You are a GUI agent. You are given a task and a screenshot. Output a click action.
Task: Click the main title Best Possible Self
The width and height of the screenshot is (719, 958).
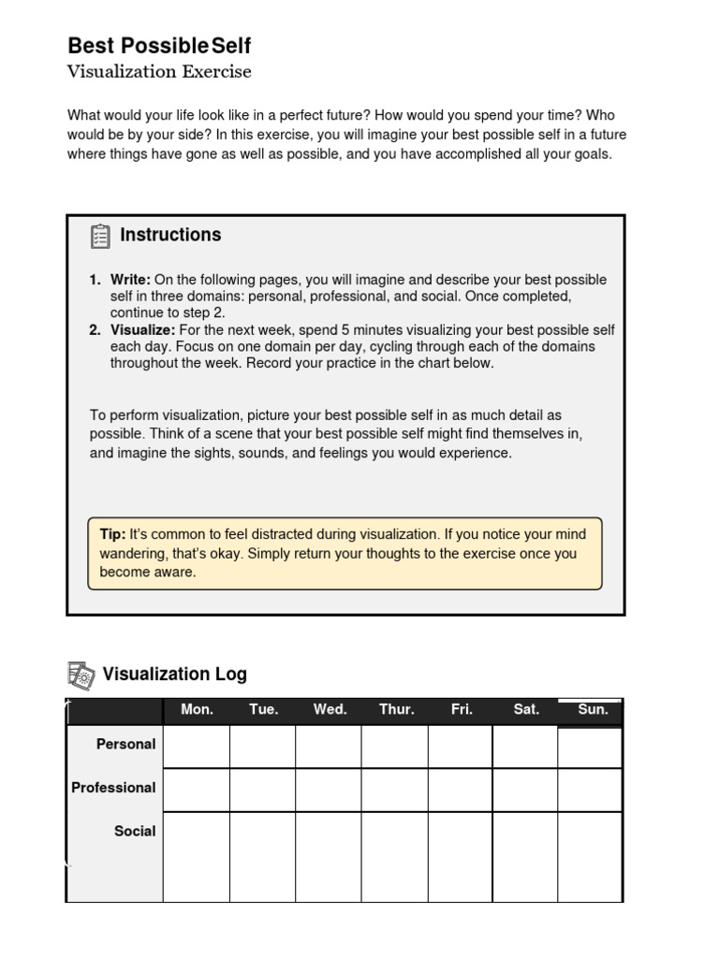coord(159,46)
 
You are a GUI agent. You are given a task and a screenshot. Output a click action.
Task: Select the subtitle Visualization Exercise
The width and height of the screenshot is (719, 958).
coord(159,72)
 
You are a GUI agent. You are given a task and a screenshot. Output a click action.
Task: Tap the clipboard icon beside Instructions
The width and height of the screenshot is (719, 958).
coord(100,236)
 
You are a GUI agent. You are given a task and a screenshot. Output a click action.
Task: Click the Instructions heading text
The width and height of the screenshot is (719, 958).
coord(170,235)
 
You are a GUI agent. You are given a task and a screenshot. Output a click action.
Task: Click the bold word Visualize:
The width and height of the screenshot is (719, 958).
coord(142,330)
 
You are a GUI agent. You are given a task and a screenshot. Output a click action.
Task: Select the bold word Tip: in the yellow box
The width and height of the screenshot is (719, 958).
coord(112,534)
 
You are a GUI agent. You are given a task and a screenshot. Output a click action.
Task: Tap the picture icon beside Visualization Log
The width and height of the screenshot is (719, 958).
coord(81,674)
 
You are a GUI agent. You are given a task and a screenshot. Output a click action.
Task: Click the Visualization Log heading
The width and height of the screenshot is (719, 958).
coord(175,674)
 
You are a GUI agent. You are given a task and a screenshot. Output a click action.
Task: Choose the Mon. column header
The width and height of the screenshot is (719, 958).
coord(197,710)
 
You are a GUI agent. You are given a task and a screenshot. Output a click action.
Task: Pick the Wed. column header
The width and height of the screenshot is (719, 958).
coord(330,710)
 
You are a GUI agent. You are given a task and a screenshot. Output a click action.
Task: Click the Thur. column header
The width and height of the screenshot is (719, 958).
coord(396,710)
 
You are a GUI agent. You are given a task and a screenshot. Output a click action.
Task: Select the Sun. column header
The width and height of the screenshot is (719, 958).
coord(593,710)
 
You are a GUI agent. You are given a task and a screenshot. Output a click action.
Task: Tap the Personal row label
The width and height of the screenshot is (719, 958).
coord(126,745)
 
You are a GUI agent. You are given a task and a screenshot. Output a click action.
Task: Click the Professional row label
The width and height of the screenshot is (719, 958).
coord(114,788)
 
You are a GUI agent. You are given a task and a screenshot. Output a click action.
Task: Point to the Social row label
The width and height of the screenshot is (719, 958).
coord(135,831)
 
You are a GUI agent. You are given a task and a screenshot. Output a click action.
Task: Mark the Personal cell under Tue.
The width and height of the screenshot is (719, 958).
coord(263,747)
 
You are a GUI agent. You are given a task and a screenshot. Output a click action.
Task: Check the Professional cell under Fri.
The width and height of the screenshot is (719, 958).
coord(461,790)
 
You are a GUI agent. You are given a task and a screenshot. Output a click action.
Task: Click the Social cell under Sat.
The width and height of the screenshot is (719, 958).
coord(525,856)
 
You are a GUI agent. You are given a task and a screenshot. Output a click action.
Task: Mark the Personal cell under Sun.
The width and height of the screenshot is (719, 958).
coord(590,747)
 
